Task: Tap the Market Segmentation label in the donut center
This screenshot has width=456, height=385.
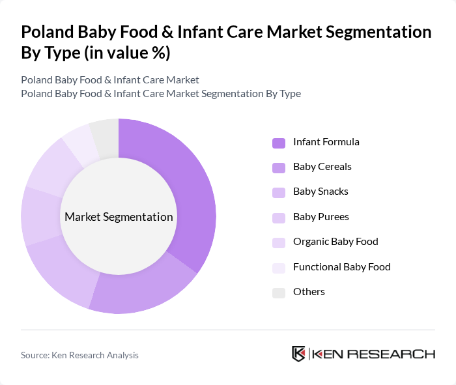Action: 119,217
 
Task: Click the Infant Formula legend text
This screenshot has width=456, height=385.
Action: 326,142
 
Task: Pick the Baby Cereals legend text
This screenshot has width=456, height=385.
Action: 322,167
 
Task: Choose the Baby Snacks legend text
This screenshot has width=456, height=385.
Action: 321,192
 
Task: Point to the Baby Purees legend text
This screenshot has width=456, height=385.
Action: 321,217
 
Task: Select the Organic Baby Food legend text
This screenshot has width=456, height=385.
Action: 335,242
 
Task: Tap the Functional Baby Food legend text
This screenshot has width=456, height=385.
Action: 341,266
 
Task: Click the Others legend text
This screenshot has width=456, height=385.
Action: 309,292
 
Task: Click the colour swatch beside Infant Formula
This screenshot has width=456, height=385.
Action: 279,143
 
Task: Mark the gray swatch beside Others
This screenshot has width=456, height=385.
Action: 279,292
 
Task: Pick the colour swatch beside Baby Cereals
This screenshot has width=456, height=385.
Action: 279,167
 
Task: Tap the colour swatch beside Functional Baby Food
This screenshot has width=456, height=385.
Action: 279,267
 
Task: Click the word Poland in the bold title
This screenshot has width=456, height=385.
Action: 46,32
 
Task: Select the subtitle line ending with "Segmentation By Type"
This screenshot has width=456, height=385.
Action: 161,93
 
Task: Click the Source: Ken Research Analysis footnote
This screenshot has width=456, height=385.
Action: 79,355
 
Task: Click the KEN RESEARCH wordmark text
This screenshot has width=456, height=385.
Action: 374,354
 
